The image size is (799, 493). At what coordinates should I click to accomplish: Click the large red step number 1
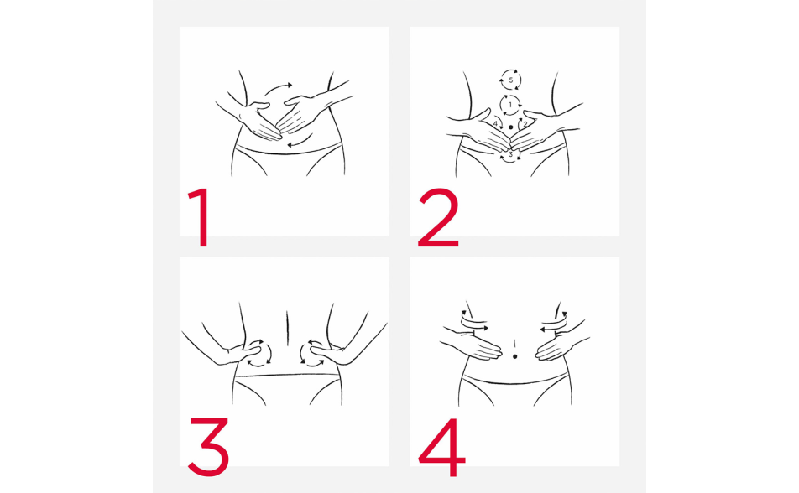pyautogui.click(x=202, y=217)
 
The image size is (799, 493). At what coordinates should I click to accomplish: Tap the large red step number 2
pyautogui.click(x=439, y=217)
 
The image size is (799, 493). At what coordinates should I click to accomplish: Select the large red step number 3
pyautogui.click(x=209, y=447)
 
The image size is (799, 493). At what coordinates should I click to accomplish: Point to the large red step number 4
pyautogui.click(x=441, y=447)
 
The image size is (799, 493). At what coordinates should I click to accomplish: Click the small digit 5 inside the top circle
pyautogui.click(x=510, y=80)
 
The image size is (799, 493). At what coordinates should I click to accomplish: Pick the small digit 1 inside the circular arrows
pyautogui.click(x=510, y=105)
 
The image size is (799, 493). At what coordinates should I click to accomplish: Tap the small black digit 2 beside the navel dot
pyautogui.click(x=525, y=124)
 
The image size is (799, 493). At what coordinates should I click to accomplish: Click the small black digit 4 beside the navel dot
pyautogui.click(x=495, y=124)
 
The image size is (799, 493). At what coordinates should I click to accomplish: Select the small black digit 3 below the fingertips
pyautogui.click(x=510, y=154)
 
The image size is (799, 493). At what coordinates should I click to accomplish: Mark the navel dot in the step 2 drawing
pyautogui.click(x=510, y=127)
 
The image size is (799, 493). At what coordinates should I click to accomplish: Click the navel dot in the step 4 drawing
pyautogui.click(x=514, y=356)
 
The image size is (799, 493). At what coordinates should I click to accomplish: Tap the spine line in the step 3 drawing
pyautogui.click(x=287, y=329)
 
